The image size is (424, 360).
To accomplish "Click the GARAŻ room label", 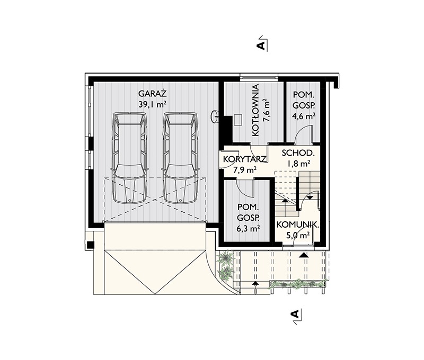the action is coord(152,94).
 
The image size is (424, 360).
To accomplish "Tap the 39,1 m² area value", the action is coord(152,105).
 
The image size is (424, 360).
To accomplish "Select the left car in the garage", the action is coord(129,158).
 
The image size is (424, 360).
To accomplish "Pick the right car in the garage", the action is coord(180,158).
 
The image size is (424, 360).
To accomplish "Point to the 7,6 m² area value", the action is coord(267,110).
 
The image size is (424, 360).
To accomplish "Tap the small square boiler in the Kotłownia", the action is coord(237,119).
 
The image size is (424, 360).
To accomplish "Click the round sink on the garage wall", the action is coord(216,116).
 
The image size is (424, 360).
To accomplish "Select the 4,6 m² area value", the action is coord(304,116).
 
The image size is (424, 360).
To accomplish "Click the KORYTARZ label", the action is coord(245,159).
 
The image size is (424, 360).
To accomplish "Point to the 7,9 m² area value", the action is coord(244,170).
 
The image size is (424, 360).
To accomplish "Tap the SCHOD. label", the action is coord(298,153).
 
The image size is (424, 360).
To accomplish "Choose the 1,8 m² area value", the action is coord(298,164).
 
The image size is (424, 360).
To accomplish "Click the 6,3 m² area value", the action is coord(248,229).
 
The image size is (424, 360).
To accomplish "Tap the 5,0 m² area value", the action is coord(298,235).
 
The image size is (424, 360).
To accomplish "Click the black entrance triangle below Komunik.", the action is coord(304,255).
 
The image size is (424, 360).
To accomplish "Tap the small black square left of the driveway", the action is coord(90,245).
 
